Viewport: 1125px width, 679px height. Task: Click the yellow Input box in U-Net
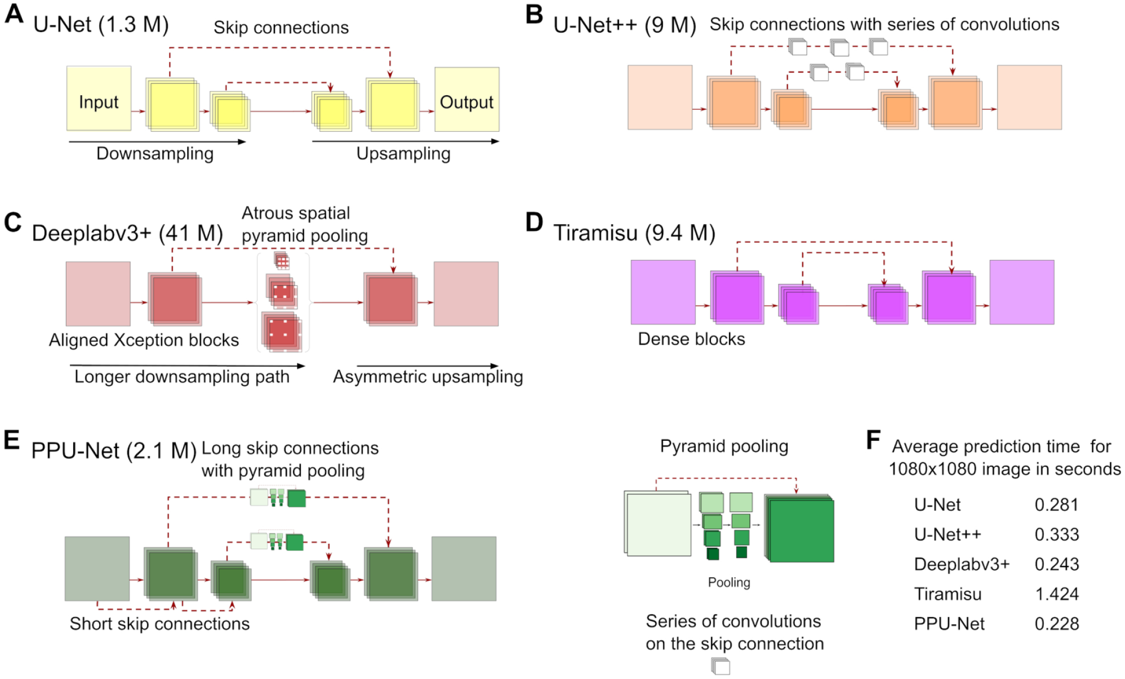pyautogui.click(x=99, y=99)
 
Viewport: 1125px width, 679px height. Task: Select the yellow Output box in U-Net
pyautogui.click(x=466, y=99)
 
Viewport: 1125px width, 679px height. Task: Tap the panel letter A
pyautogui.click(x=14, y=14)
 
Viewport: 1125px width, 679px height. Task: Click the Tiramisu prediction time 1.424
pyautogui.click(x=1057, y=594)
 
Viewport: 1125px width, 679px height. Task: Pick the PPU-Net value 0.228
pyautogui.click(x=1057, y=624)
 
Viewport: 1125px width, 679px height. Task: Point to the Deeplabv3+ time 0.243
pyautogui.click(x=1057, y=564)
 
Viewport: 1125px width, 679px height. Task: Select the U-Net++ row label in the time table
pyautogui.click(x=948, y=534)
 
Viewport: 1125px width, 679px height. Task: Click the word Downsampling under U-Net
pyautogui.click(x=155, y=154)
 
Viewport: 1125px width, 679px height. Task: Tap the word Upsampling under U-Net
pyautogui.click(x=403, y=154)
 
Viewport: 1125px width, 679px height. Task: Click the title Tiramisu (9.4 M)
pyautogui.click(x=634, y=233)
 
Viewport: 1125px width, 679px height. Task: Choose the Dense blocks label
pyautogui.click(x=691, y=339)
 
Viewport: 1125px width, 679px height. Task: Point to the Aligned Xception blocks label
pyautogui.click(x=144, y=340)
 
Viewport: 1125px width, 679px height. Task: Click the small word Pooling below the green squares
pyautogui.click(x=729, y=582)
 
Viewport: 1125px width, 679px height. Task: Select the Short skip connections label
pyautogui.click(x=159, y=624)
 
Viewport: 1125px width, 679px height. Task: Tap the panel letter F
pyautogui.click(x=873, y=440)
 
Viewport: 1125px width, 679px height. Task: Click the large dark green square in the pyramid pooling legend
pyautogui.click(x=800, y=529)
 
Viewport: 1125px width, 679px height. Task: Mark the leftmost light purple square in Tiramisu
pyautogui.click(x=663, y=292)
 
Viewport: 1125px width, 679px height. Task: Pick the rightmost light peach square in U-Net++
pyautogui.click(x=1029, y=97)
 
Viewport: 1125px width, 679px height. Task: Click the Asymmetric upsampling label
pyautogui.click(x=428, y=377)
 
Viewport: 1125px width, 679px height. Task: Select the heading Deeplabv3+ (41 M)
pyautogui.click(x=127, y=233)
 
